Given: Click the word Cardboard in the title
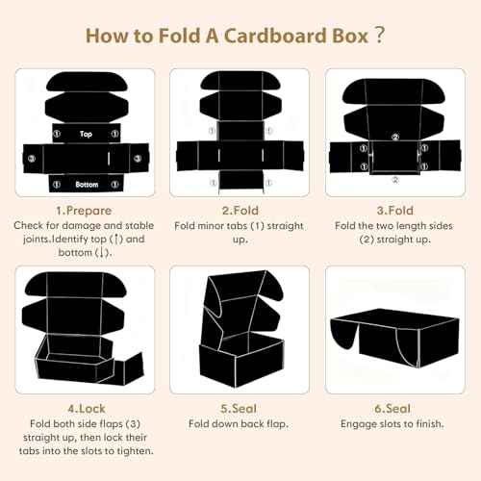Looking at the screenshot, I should tap(263, 36).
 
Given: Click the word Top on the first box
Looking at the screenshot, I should tap(87, 134).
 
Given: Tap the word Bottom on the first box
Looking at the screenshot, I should tap(87, 183).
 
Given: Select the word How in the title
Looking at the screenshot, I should tap(108, 36).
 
